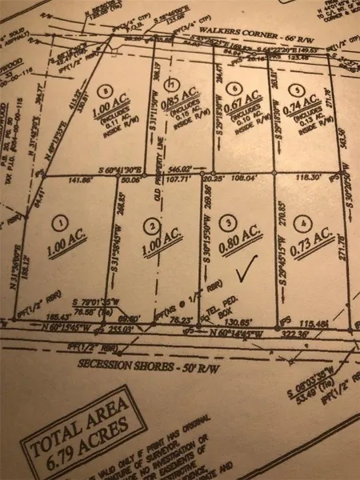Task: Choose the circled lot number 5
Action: point(298,90)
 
